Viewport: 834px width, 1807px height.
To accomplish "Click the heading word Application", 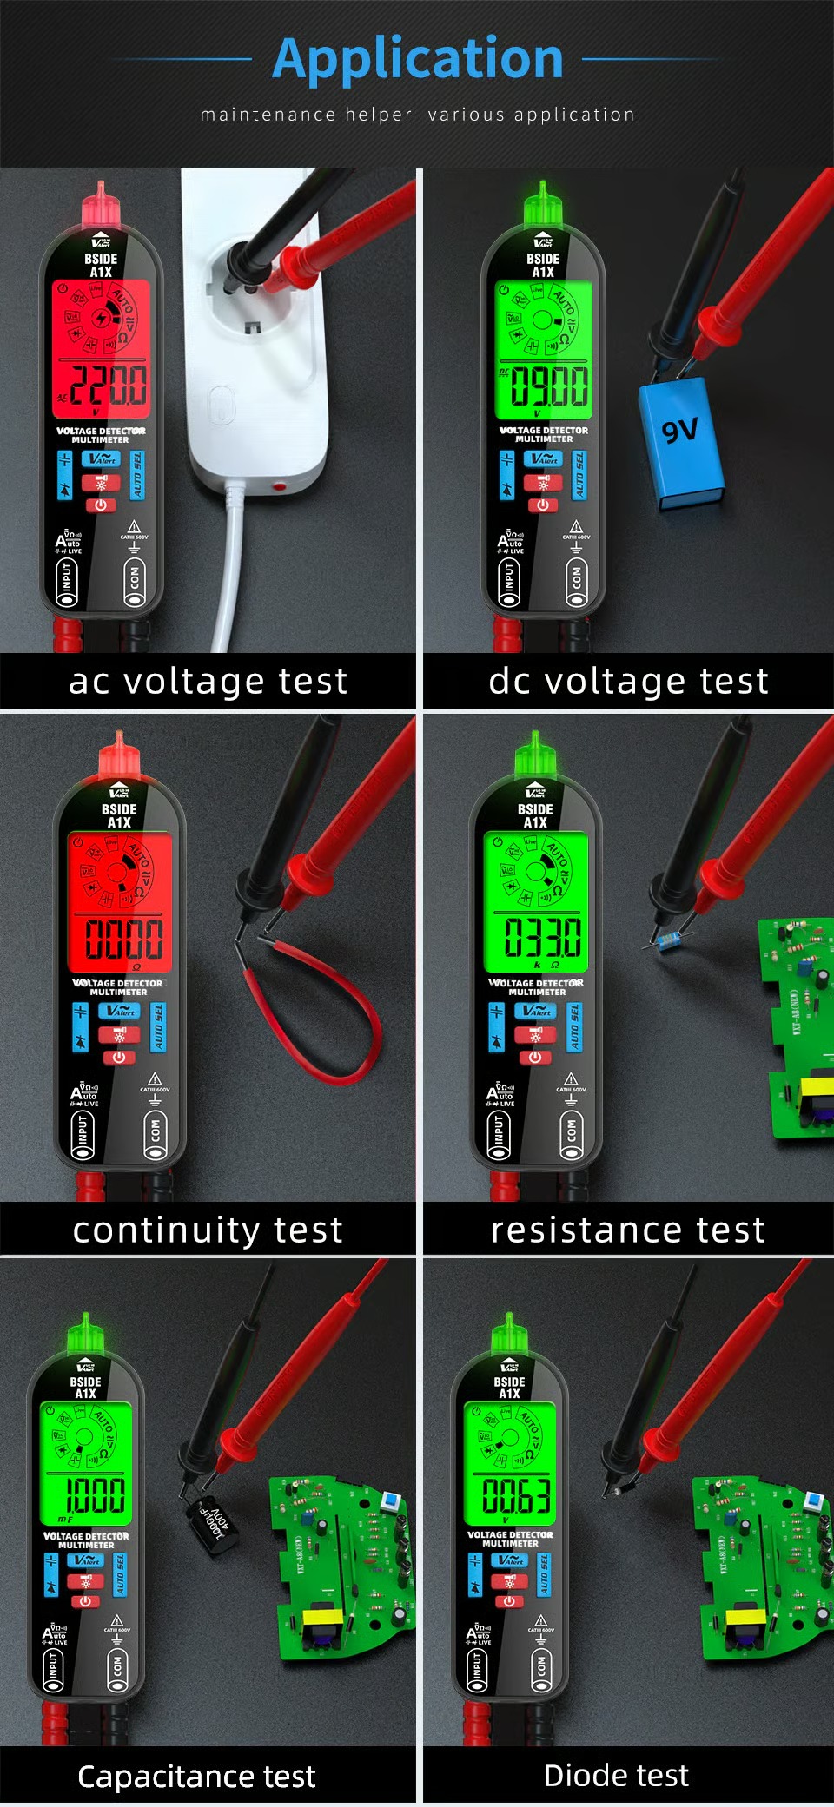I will click(x=418, y=58).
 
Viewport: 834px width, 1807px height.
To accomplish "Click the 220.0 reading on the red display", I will click(x=108, y=386).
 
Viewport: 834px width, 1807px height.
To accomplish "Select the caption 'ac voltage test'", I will click(x=208, y=681).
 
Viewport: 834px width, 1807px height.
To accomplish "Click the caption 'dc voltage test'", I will click(x=628, y=681).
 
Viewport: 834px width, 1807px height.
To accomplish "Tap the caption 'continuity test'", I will click(x=208, y=1230).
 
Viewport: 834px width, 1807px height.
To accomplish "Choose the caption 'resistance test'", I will click(x=628, y=1230).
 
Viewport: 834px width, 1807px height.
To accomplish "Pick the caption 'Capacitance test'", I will click(x=196, y=1777).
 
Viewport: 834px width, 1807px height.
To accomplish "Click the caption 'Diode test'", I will click(x=616, y=1776).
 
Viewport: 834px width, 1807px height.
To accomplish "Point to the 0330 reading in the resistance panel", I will click(x=543, y=938).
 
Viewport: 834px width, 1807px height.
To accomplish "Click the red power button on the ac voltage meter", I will click(x=101, y=505).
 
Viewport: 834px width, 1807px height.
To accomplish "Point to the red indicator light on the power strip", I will click(x=279, y=486).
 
